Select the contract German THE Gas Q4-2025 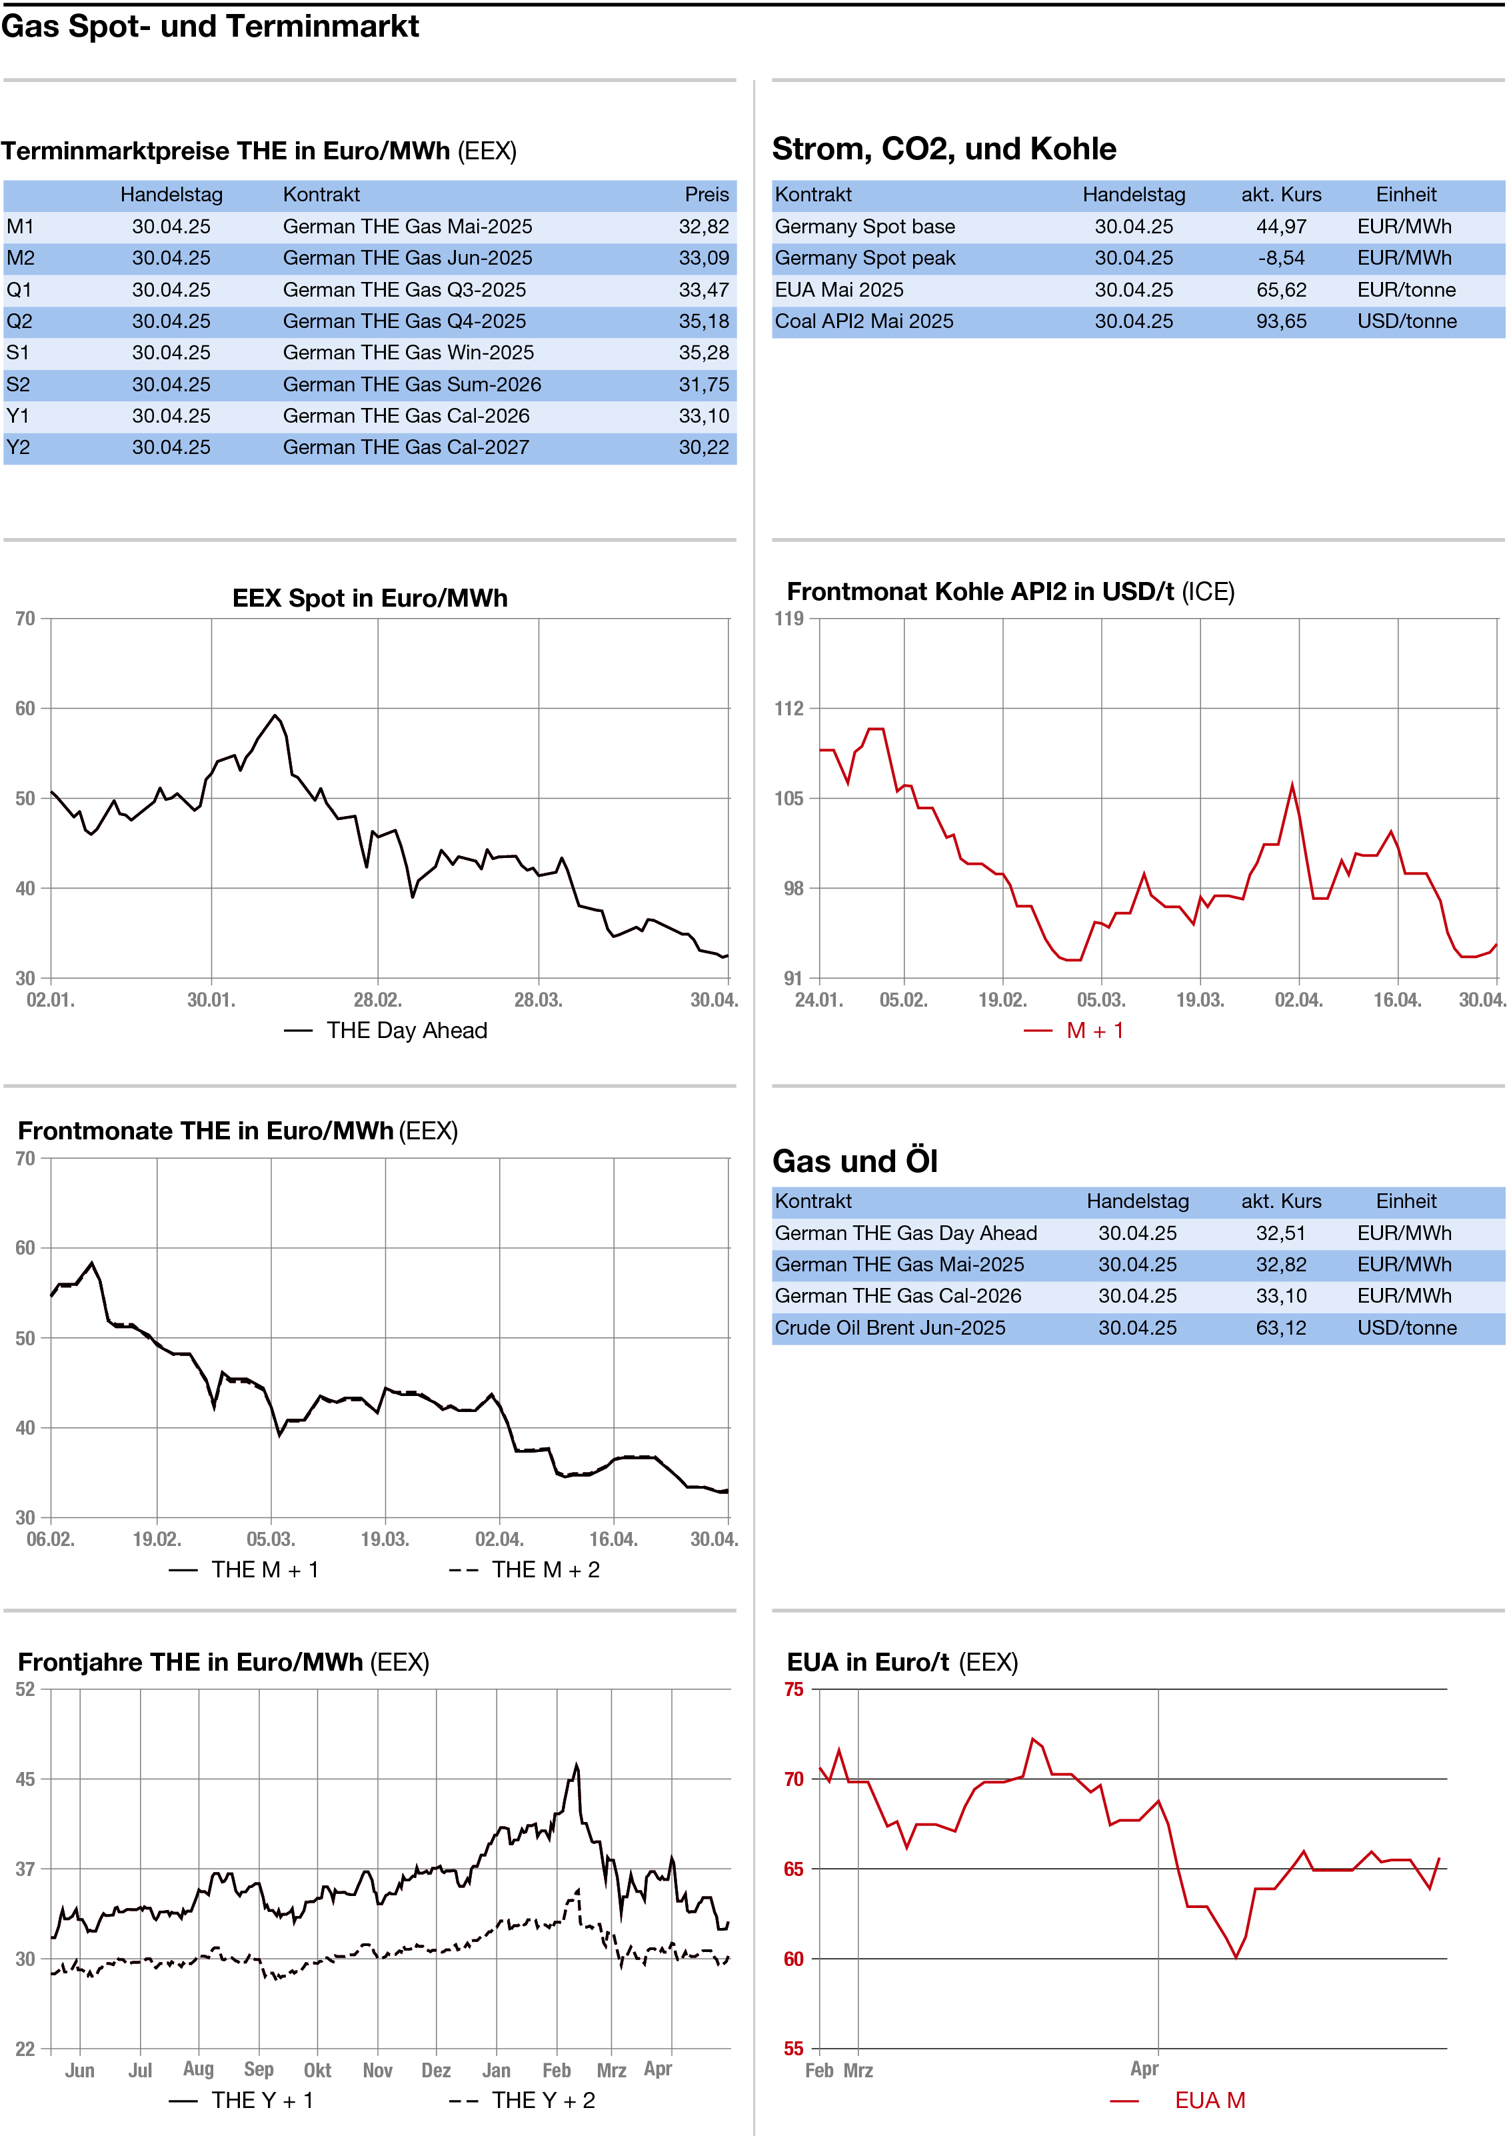click(404, 321)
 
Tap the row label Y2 click(19, 447)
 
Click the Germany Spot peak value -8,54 click(1281, 258)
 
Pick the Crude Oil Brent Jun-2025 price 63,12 click(1280, 1327)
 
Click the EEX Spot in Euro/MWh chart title click(369, 597)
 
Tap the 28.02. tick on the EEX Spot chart click(377, 1000)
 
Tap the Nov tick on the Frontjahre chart click(377, 2070)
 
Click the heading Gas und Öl click(854, 1161)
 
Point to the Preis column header click(706, 195)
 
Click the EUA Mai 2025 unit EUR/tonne click(1406, 289)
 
